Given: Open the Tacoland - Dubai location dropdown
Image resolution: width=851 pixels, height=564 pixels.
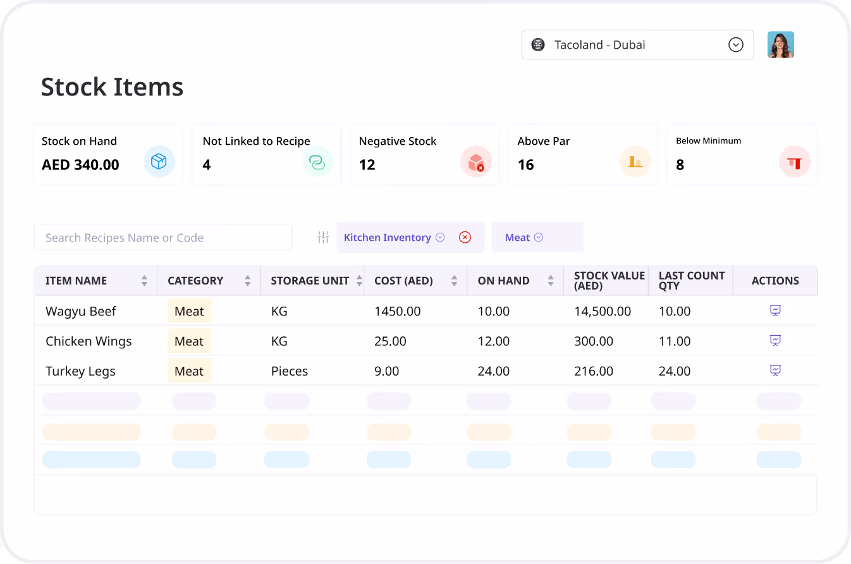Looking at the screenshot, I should coord(637,45).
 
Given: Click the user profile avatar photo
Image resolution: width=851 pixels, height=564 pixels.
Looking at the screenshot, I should coord(780,45).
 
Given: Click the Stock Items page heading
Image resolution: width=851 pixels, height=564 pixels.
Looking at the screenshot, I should coord(112,87).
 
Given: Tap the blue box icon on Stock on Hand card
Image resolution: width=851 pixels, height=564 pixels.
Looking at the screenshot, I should coord(159,162).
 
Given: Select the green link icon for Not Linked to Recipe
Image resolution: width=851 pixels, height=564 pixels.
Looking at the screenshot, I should coord(317,162).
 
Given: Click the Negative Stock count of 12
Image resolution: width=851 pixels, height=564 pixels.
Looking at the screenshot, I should coord(367,165).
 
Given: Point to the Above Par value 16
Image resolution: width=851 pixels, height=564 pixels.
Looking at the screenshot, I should coord(525,165).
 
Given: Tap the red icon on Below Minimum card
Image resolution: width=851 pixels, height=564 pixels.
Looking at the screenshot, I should coord(794,162).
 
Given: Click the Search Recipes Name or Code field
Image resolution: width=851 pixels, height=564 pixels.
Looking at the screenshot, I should coord(163,238).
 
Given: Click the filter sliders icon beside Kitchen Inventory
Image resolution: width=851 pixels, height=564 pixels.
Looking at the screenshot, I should coord(323,238).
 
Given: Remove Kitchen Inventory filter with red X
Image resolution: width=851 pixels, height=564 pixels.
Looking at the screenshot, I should coord(465,238).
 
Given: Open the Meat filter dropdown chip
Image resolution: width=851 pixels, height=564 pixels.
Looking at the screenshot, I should coord(524,238).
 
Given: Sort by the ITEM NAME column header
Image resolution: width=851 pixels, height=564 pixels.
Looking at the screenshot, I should coord(77,281).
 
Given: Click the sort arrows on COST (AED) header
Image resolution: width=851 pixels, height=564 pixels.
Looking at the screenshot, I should coord(454,281).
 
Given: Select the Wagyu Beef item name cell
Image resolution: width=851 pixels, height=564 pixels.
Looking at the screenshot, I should coord(81,311).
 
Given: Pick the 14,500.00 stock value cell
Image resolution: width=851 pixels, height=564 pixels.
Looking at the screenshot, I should coord(602,311).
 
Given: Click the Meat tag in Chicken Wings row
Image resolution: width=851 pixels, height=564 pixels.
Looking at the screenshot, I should coord(189,341).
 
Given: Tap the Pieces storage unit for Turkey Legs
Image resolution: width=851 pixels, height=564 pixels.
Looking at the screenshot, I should coord(289,371).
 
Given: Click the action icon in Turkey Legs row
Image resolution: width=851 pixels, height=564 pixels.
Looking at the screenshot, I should coord(775,371).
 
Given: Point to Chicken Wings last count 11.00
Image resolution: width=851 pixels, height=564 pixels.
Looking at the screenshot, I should coord(675,341).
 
